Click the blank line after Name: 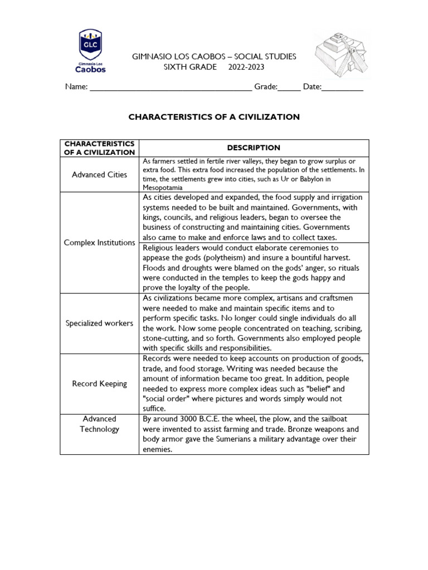pos(171,88)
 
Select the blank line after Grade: pos(288,88)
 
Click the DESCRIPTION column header pos(254,148)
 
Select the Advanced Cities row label pos(99,175)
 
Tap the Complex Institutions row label pos(99,243)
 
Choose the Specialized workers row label pos(99,323)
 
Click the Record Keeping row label pos(99,384)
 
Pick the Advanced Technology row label pos(99,424)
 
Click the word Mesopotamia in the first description pos(162,188)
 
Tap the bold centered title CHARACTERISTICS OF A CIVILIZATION pos(214,117)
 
